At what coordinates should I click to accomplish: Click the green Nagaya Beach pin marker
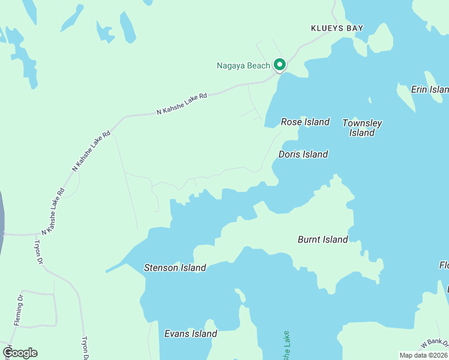(279, 64)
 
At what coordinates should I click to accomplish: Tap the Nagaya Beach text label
(243, 65)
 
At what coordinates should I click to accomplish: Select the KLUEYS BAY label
(337, 28)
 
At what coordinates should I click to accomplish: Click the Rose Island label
(305, 122)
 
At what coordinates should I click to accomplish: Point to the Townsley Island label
(362, 128)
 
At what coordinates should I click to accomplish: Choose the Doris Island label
(303, 154)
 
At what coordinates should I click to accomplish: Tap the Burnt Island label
(322, 239)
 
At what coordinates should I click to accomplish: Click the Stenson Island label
(175, 268)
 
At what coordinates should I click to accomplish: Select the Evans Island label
(190, 334)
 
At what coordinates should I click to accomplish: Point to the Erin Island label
(430, 89)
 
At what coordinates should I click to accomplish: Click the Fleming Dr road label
(19, 310)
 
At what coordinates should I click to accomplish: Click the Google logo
(20, 353)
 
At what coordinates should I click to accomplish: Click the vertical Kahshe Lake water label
(286, 346)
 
